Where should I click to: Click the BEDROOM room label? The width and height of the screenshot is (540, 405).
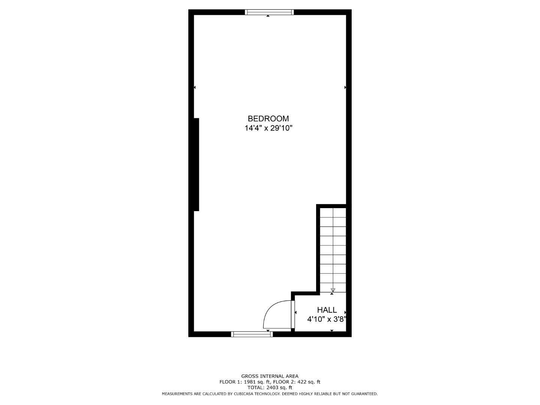268,118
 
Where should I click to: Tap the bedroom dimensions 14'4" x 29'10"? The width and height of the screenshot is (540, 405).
268,128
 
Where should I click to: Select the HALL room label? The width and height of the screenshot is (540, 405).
327,310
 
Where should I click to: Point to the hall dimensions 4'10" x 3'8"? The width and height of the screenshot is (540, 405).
326,319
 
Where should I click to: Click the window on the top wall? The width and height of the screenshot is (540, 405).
269,12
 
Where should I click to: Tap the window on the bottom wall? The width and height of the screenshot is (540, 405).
252,334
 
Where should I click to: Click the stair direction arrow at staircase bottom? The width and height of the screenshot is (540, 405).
333,290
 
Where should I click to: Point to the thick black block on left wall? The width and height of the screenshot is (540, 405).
196,165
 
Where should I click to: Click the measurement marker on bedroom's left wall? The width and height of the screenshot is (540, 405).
195,87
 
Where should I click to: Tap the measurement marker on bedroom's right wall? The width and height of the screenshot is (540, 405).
345,87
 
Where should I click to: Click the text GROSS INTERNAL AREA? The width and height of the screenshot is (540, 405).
270,376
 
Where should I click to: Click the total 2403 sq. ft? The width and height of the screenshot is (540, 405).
279,388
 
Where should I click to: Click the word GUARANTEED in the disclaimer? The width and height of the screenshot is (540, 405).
363,394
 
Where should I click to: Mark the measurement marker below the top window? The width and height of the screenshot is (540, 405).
268,16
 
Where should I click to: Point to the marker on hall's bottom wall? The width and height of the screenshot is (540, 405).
332,330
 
